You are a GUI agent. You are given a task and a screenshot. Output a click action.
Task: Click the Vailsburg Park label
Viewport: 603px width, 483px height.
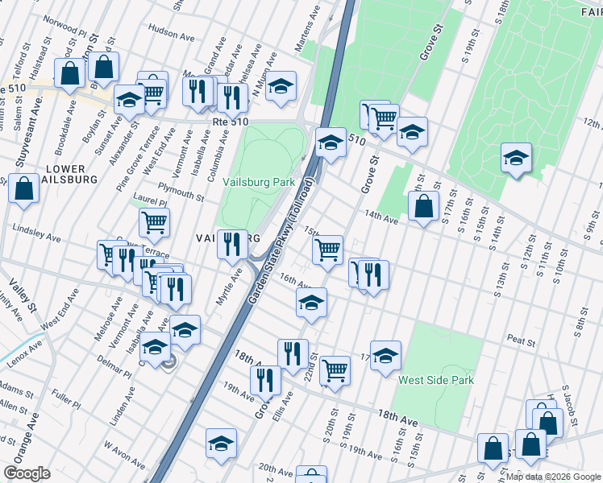258,183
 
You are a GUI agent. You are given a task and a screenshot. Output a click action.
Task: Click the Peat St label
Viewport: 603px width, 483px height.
522,342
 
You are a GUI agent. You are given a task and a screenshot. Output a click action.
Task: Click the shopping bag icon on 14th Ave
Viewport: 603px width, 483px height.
423,208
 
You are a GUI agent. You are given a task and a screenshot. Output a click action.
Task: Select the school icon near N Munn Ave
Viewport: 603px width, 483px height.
280,87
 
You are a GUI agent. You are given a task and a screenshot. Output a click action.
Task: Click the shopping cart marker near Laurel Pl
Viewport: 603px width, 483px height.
154,222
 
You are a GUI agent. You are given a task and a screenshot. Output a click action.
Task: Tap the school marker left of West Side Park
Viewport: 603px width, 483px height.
386,355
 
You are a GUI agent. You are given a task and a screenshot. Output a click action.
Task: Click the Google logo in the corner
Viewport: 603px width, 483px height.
27,473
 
